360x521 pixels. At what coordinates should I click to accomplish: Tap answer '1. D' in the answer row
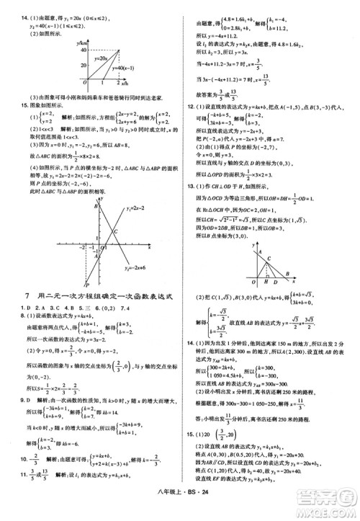[26, 308]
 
